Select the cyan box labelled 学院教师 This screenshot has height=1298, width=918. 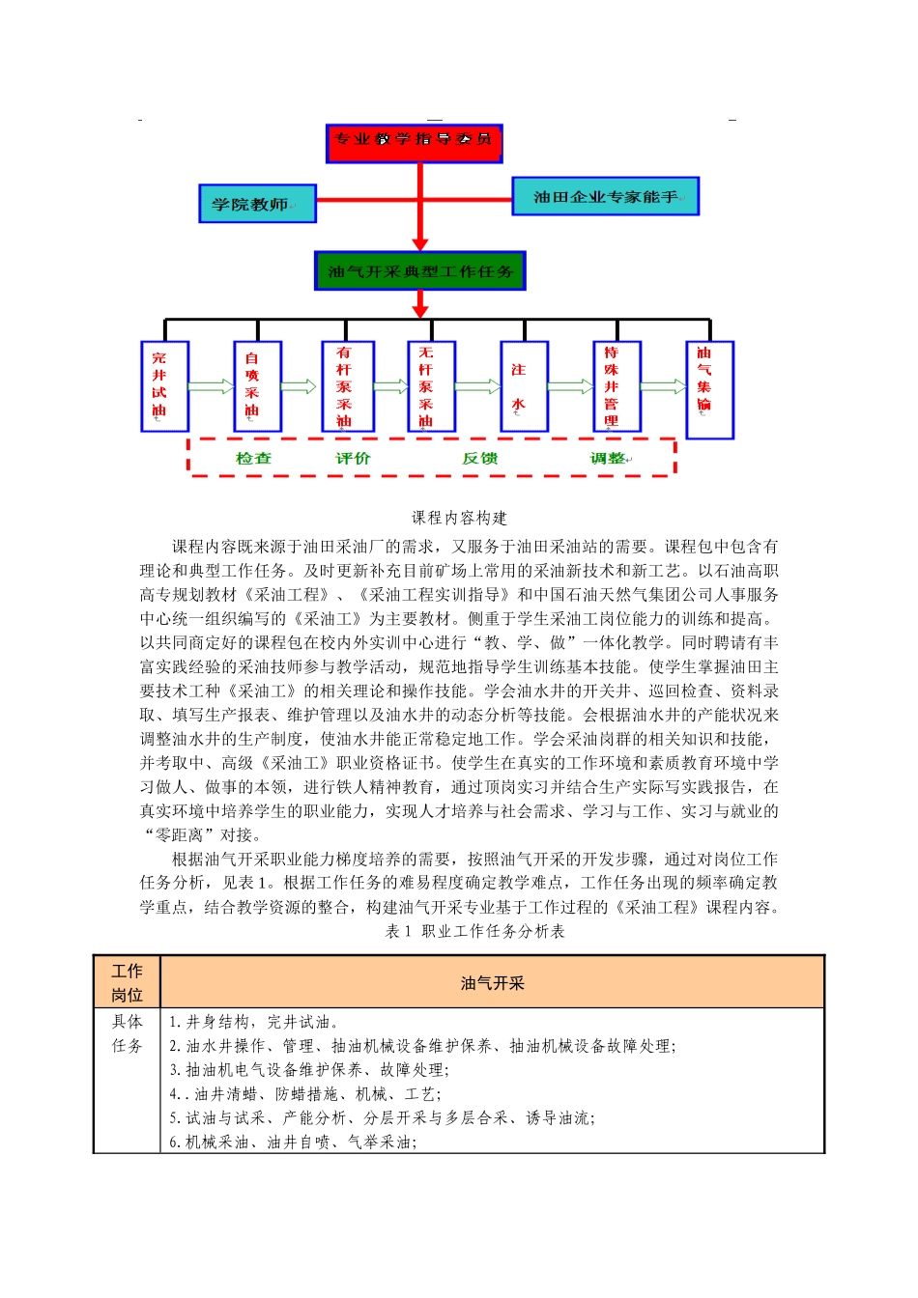tap(257, 204)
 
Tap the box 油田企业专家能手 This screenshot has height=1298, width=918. tap(605, 196)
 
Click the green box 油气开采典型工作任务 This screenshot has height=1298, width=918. tap(419, 271)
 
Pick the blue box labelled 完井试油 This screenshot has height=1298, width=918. tap(164, 386)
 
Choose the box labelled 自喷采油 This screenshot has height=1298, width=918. tap(257, 386)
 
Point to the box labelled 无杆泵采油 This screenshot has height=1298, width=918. tap(431, 386)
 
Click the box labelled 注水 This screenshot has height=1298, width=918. tap(524, 386)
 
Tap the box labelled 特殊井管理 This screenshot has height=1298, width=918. tap(617, 386)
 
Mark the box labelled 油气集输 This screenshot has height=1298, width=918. tap(709, 390)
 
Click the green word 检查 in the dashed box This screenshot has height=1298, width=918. tap(254, 459)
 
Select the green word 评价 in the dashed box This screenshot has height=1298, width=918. tap(353, 459)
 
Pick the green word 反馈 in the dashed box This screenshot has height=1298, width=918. tap(480, 459)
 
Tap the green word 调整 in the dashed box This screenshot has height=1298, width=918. tap(609, 459)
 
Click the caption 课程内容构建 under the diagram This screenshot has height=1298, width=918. tap(459, 518)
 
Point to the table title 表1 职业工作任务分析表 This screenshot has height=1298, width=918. tap(475, 931)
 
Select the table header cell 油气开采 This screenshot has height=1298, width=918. tap(492, 983)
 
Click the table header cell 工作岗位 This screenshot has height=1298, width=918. tap(127, 983)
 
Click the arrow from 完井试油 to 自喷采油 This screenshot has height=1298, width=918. tap(211, 386)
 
